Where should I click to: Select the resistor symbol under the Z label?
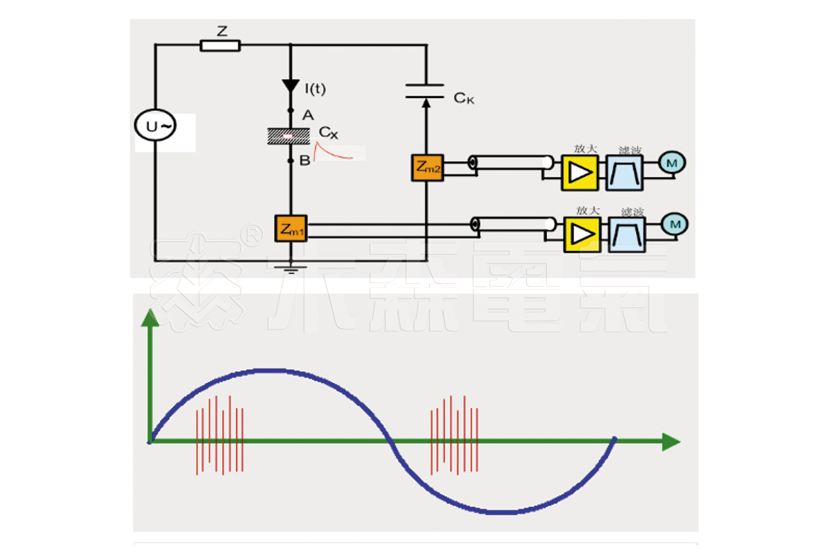220,46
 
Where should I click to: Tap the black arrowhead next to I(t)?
291,86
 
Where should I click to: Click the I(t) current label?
315,88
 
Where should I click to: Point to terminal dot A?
291,111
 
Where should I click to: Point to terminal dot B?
291,160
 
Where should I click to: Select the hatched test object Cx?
291,135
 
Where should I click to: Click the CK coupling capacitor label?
464,99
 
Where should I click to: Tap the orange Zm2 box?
427,167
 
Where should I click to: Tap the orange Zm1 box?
291,228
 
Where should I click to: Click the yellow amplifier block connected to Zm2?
579,172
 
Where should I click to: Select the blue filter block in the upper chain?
625,172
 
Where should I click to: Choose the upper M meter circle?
672,162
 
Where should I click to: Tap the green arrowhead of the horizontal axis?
670,441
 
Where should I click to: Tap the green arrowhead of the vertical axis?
150,318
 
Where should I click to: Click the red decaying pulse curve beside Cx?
333,151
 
